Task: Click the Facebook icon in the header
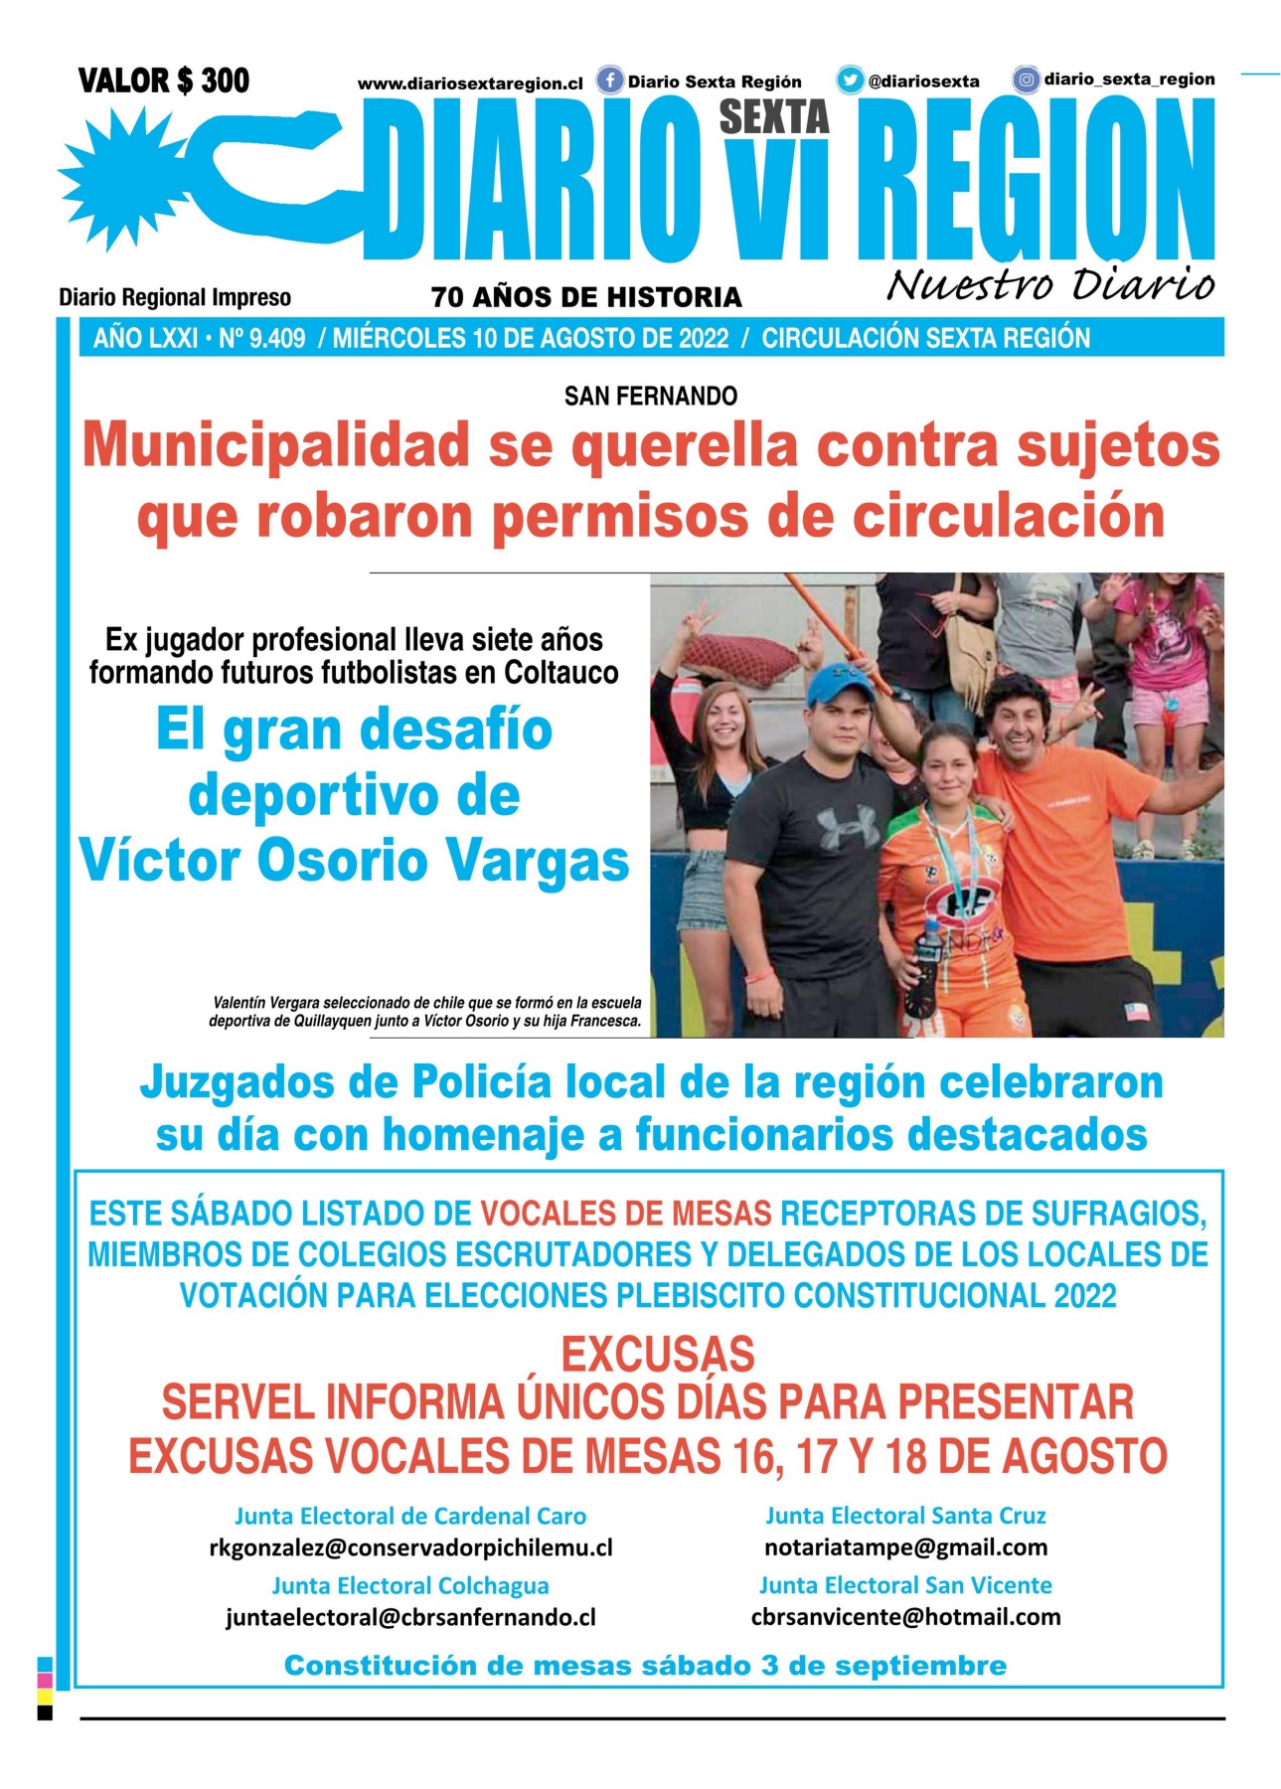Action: coord(609,81)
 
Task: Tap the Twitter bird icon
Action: coord(850,81)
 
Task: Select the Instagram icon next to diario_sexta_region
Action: coord(1026,80)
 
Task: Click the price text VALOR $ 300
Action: coord(164,81)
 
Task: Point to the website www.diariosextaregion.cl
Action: coord(470,83)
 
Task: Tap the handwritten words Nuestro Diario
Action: coord(1049,284)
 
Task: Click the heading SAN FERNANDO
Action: coord(651,397)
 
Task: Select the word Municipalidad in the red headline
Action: coord(276,445)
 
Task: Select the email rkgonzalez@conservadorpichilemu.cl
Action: coord(410,1547)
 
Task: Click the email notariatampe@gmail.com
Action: coord(905,1547)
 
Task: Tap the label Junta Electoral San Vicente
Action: coord(905,1585)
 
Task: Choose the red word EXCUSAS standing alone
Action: coord(658,1355)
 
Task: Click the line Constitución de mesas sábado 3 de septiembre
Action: coord(645,1666)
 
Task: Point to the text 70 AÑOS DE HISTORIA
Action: coord(586,297)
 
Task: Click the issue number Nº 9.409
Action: coord(261,339)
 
